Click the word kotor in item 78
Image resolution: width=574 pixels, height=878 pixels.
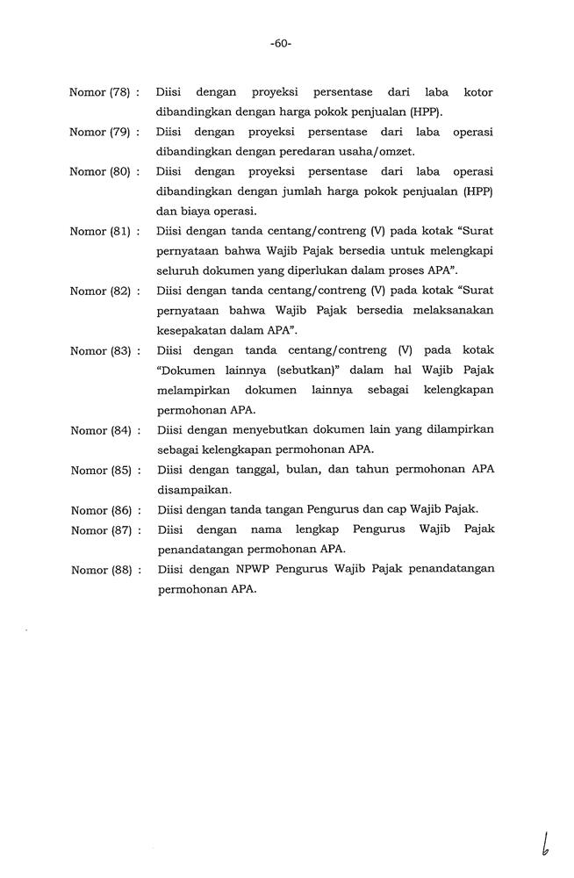(x=477, y=92)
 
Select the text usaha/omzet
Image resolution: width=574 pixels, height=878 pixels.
(x=348, y=152)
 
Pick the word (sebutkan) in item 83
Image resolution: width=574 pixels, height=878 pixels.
(x=293, y=371)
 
